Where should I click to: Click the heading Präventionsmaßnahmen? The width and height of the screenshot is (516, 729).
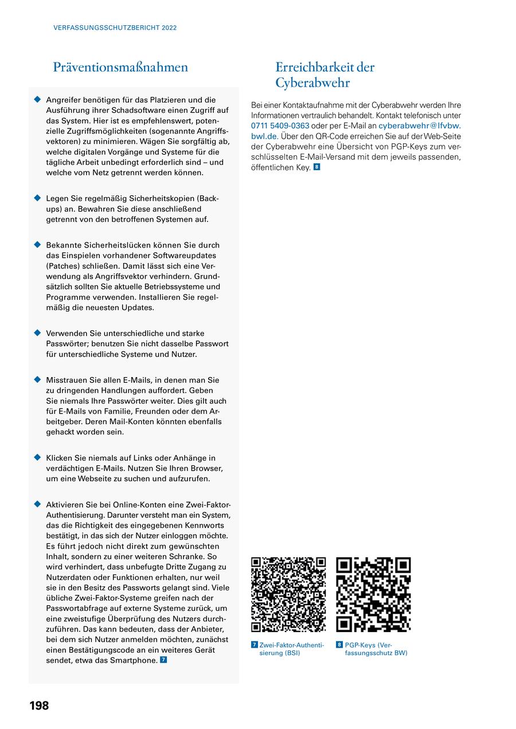pyautogui.click(x=120, y=67)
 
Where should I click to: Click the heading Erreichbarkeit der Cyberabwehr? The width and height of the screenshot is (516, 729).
pyautogui.click(x=325, y=75)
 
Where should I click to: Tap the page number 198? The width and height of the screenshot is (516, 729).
pyautogui.click(x=39, y=706)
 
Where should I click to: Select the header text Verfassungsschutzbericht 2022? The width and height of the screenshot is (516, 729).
pyautogui.click(x=115, y=28)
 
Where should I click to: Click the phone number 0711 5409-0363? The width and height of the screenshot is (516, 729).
pyautogui.click(x=280, y=126)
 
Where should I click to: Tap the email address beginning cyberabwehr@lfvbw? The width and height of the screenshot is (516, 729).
pyautogui.click(x=419, y=126)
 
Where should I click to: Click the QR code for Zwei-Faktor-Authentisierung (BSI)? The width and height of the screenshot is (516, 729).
pyautogui.click(x=288, y=594)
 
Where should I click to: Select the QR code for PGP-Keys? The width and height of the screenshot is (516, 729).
pyautogui.click(x=373, y=594)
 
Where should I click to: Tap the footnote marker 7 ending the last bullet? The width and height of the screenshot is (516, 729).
pyautogui.click(x=163, y=660)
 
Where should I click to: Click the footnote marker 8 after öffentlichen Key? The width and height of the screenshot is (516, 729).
pyautogui.click(x=316, y=167)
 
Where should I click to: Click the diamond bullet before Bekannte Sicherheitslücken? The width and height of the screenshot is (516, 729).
pyautogui.click(x=37, y=245)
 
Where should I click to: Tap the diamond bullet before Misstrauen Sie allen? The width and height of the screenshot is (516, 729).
pyautogui.click(x=37, y=379)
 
